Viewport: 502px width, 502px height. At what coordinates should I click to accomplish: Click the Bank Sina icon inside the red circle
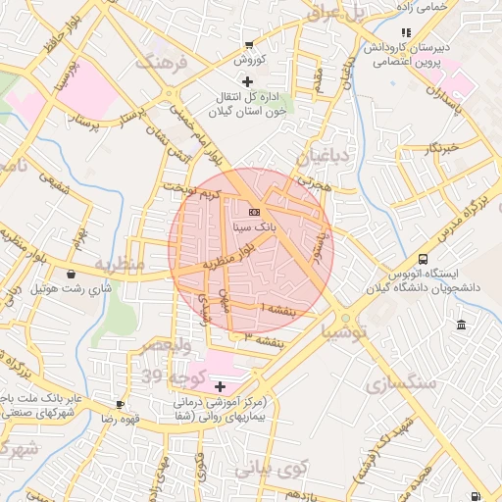point(254,212)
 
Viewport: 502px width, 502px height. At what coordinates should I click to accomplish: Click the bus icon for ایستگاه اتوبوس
point(422,259)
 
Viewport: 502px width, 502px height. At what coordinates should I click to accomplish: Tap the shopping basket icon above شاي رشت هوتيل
point(74,276)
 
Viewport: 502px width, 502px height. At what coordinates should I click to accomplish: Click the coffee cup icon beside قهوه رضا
point(120,404)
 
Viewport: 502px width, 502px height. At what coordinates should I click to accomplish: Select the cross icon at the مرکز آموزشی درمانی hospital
point(220,387)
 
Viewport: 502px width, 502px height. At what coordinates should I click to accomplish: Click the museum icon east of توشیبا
point(461,325)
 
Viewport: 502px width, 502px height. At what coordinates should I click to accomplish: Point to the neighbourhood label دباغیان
point(323,155)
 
